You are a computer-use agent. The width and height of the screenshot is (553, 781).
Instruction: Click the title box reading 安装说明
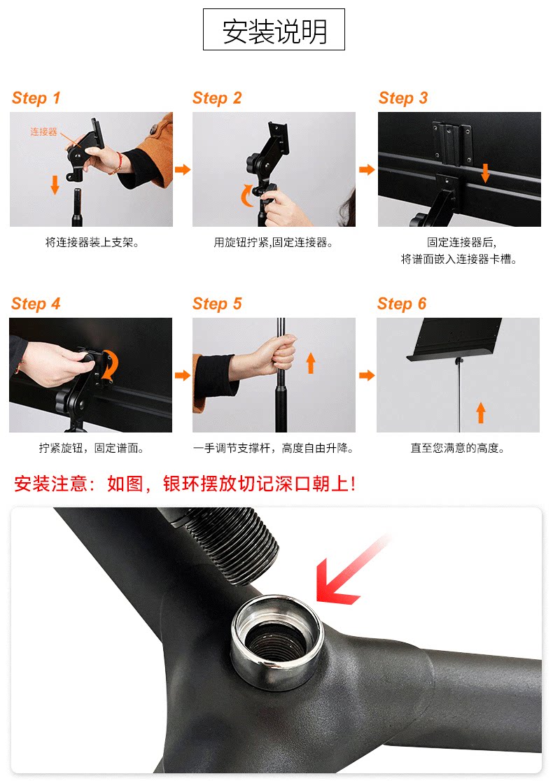(274, 29)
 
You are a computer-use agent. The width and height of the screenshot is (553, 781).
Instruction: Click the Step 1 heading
(36, 98)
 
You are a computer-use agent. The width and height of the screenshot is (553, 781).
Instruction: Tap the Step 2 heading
(217, 98)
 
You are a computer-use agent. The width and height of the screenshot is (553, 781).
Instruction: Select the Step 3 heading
(403, 98)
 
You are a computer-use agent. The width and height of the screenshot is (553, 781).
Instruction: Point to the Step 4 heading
(36, 304)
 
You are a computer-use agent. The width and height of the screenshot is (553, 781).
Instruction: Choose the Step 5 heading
(217, 304)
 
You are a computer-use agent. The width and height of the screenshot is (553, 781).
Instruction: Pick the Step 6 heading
(402, 304)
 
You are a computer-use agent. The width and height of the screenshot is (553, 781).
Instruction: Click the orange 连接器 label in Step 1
(44, 132)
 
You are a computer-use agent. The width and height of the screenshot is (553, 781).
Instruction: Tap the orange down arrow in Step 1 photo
(55, 185)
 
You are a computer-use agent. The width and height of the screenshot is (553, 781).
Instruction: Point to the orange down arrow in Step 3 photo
(485, 172)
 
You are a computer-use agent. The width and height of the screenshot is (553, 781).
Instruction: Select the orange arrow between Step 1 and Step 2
(183, 170)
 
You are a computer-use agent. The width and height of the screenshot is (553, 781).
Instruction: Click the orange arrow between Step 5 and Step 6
(367, 375)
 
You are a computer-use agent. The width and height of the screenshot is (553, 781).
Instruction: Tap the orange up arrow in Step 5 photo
(311, 363)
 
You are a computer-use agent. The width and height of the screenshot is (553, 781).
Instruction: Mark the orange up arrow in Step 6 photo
(481, 413)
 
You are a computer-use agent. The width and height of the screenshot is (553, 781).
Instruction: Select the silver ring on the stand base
(237, 635)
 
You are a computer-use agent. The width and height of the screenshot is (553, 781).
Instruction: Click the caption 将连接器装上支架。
(92, 243)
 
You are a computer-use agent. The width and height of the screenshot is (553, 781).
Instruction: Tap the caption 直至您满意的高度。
(457, 449)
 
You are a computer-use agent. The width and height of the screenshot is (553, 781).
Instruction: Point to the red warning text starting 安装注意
(184, 484)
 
